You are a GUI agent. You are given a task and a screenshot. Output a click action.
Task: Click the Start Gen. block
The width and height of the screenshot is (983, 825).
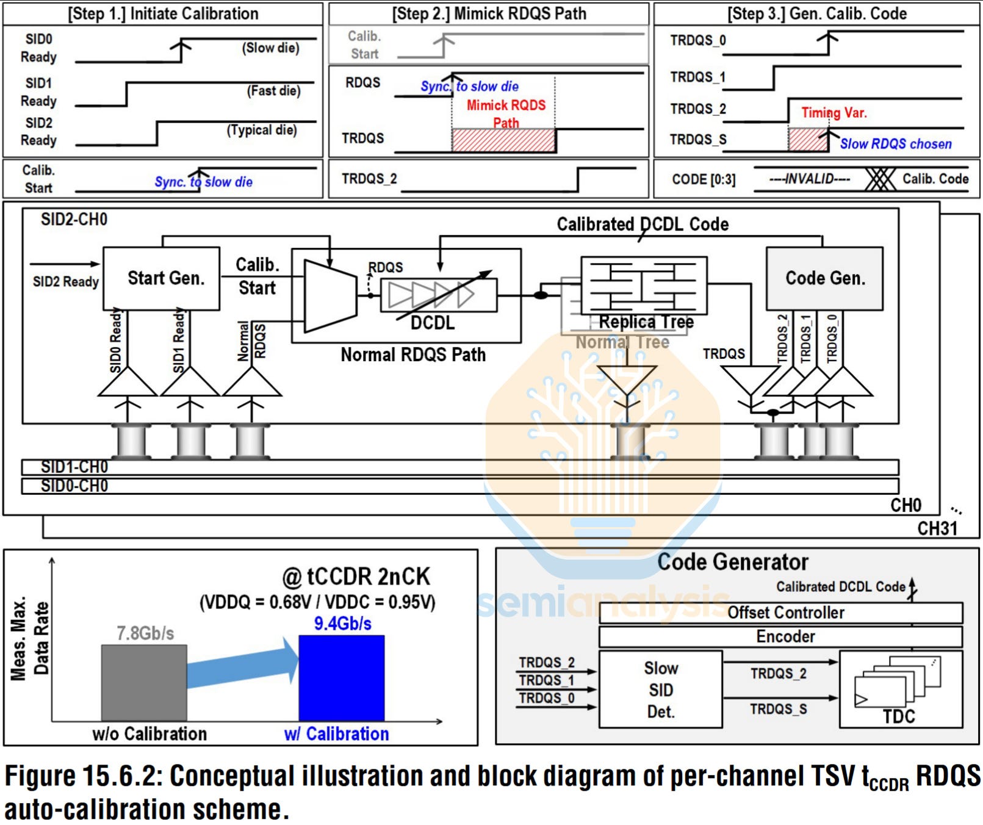161,278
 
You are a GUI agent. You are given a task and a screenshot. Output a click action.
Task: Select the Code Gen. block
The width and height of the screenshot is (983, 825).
824,278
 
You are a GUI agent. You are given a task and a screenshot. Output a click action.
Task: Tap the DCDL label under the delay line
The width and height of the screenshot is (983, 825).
432,323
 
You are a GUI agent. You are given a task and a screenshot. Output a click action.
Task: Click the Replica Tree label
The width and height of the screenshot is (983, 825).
646,322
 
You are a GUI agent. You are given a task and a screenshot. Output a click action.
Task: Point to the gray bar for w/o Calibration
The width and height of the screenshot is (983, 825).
144,683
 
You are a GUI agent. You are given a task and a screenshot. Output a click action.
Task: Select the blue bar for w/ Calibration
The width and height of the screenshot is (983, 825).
341,678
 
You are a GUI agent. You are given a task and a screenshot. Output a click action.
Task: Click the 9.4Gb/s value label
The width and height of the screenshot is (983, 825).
342,624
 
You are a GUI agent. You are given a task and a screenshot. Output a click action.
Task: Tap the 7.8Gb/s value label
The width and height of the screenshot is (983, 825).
145,633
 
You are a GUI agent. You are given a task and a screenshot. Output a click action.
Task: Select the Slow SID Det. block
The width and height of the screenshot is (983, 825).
660,690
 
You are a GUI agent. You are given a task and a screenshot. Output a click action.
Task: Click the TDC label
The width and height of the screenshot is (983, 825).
899,716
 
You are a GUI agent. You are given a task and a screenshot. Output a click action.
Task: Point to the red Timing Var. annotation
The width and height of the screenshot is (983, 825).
834,113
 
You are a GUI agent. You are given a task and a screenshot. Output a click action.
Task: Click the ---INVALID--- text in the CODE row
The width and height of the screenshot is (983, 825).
809,179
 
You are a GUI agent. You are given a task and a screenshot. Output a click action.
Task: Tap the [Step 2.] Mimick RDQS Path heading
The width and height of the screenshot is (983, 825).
489,13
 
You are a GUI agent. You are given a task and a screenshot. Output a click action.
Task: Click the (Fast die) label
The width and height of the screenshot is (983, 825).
273,91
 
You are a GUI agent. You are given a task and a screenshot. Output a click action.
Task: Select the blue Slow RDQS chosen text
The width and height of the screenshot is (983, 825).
895,144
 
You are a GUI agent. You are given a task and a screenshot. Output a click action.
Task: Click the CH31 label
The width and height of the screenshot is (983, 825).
937,528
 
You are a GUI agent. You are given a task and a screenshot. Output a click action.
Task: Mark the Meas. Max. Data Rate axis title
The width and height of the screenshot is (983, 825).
29,638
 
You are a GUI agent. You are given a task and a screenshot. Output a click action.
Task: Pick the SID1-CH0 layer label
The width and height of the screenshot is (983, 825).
74,467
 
